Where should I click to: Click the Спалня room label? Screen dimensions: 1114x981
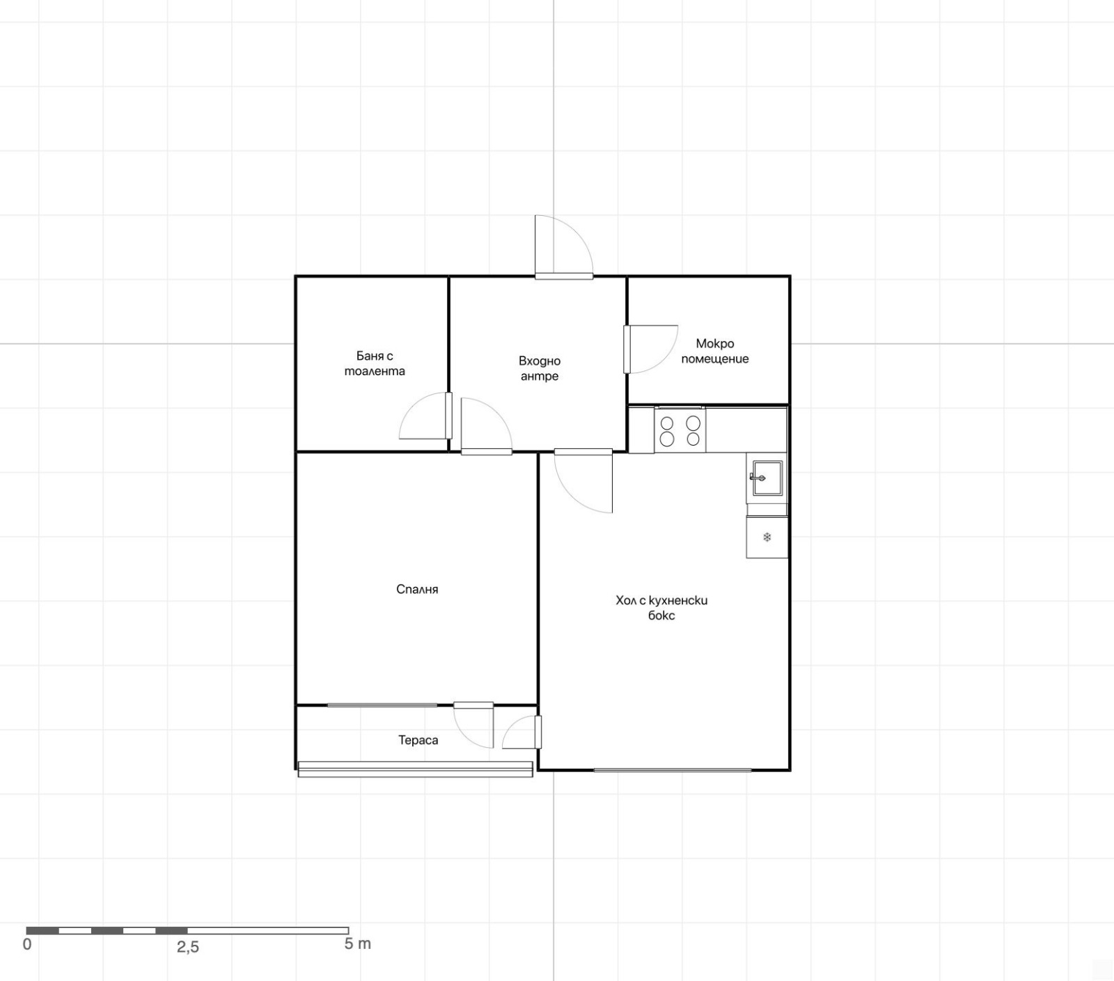[x=417, y=590]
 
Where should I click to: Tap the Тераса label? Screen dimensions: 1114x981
[x=418, y=740]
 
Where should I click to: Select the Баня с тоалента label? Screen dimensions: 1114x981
[x=375, y=363]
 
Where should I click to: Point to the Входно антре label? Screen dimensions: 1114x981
[x=540, y=368]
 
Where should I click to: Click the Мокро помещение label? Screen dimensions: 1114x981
[x=715, y=351]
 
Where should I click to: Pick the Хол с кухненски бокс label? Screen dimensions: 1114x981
[x=661, y=607]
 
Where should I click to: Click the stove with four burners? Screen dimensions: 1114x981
[x=680, y=430]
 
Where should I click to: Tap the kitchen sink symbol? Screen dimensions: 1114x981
[x=767, y=478]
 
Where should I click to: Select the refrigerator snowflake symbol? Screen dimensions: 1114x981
[x=767, y=537]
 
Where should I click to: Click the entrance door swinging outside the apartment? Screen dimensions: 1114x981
[x=564, y=247]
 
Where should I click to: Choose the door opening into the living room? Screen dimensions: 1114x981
[x=583, y=481]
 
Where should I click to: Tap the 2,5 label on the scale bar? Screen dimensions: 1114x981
[x=188, y=947]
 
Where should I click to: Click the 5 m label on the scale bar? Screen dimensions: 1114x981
[x=358, y=944]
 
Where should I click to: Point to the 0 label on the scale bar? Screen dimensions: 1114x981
[x=27, y=945]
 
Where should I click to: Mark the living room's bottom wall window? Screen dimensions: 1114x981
[x=673, y=770]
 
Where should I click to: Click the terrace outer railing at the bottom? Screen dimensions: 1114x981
[x=415, y=769]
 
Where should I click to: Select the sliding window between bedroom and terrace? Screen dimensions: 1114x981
[x=382, y=705]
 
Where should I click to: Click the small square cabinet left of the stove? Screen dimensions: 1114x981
[x=641, y=430]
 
